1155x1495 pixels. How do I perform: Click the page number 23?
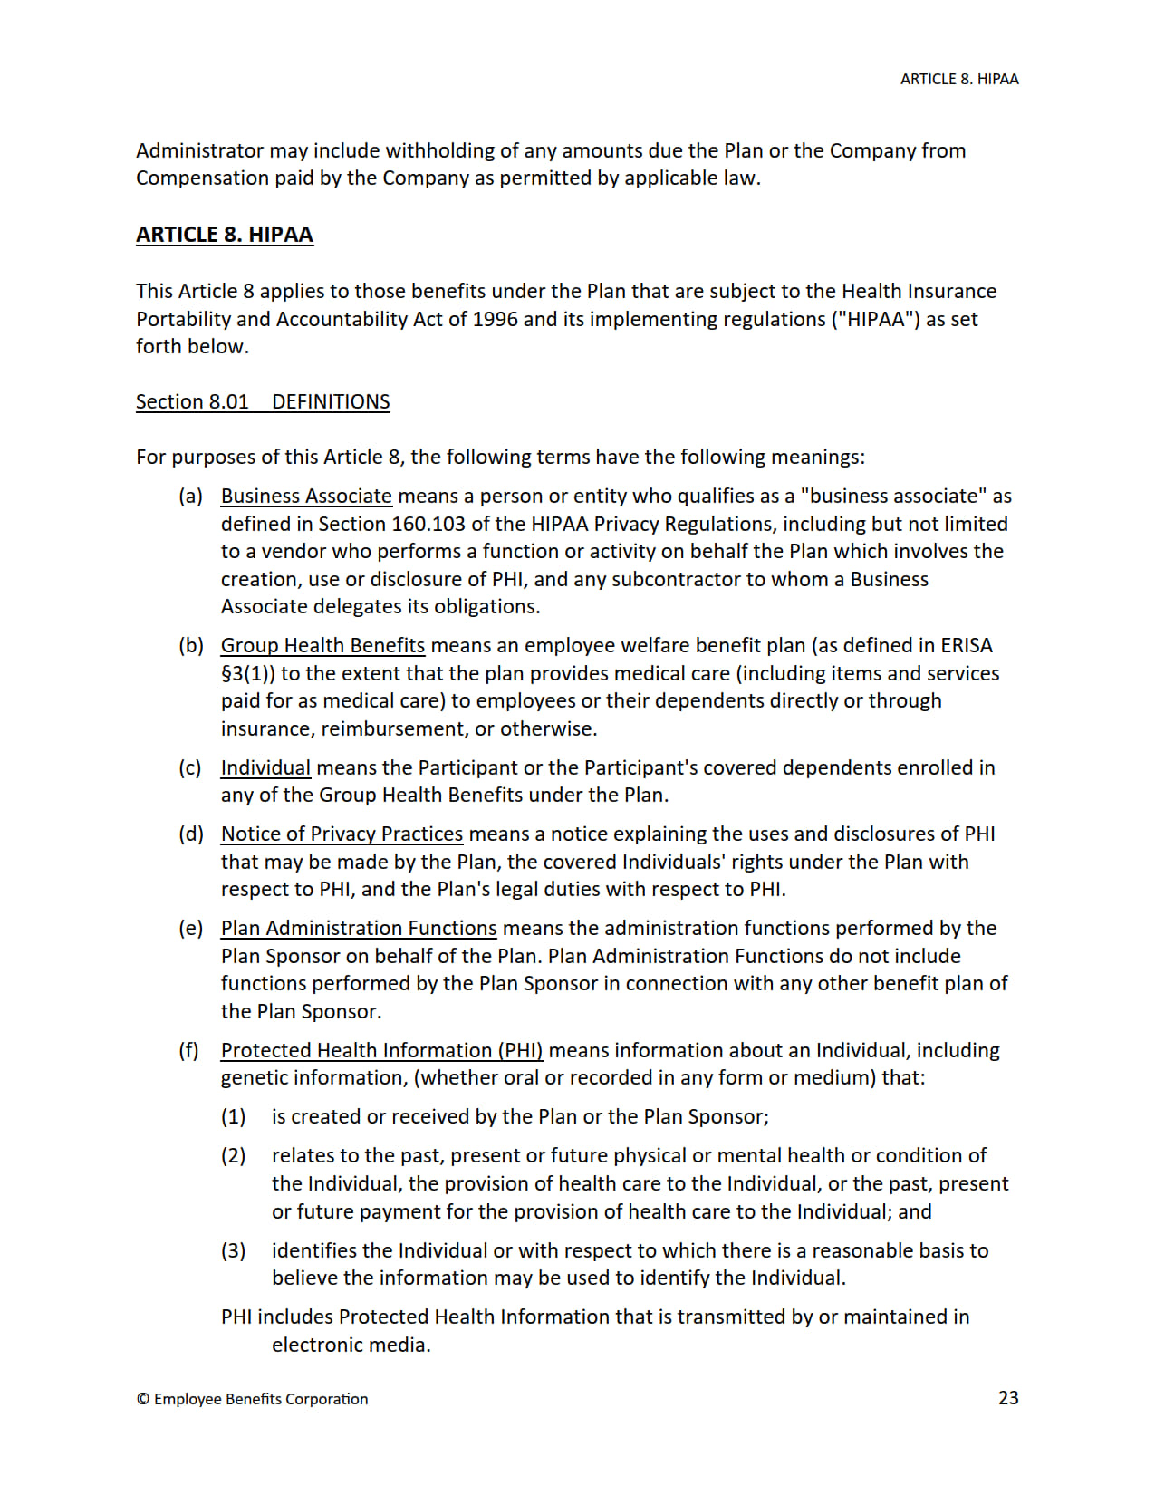tap(1007, 1397)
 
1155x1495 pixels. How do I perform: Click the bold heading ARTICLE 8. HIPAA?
tap(224, 235)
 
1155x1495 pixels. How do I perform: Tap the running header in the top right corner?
tap(958, 79)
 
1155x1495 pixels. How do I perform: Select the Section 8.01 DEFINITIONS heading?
tap(263, 401)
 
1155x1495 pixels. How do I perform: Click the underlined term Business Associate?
tap(306, 497)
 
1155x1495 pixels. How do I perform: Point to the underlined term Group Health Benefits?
tap(322, 646)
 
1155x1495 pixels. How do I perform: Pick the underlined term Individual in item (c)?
tap(265, 768)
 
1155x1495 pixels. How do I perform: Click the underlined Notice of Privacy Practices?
tap(342, 834)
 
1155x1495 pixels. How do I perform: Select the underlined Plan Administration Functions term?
tap(359, 929)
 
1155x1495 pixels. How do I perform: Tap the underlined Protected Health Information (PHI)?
tap(381, 1051)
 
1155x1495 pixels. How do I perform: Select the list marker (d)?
tap(190, 834)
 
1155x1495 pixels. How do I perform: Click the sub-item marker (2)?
tap(233, 1156)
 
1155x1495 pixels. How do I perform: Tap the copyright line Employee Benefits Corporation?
tap(253, 1399)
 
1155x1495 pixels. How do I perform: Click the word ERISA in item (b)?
tap(966, 646)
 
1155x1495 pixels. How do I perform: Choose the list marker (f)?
tap(188, 1051)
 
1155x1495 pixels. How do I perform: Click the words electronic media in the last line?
tap(351, 1345)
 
